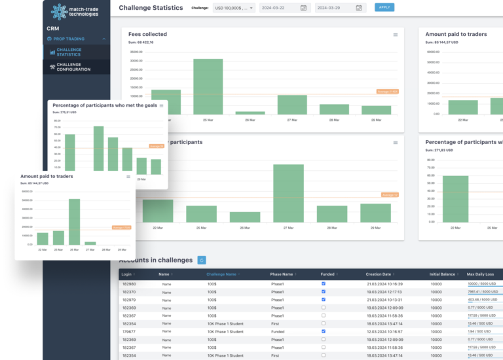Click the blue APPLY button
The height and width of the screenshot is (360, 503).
(x=384, y=7)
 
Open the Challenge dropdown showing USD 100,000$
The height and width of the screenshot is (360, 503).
(x=233, y=8)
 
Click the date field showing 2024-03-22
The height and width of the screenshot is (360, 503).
(x=284, y=8)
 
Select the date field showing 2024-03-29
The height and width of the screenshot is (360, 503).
(x=339, y=8)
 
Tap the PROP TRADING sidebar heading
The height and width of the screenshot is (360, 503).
(x=70, y=39)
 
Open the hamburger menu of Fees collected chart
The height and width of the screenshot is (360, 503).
(x=395, y=34)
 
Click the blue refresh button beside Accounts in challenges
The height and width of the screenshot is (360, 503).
(x=202, y=260)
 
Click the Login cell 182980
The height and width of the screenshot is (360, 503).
(x=129, y=284)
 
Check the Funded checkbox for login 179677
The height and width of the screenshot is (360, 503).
(x=323, y=332)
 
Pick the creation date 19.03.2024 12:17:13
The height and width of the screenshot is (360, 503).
(x=384, y=292)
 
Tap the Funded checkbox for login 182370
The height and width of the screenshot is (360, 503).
(x=323, y=292)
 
